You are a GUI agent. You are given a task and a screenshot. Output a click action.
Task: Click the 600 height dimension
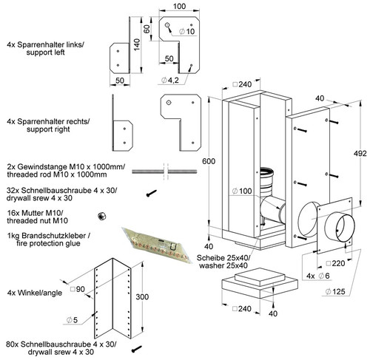coord(209,161)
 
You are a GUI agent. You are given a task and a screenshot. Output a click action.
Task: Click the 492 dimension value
coord(360,153)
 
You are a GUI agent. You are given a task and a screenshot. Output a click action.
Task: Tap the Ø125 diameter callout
coord(335,291)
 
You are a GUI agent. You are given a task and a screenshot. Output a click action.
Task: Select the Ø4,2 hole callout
coord(170,80)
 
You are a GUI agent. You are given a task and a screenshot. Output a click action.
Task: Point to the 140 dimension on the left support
coord(136,44)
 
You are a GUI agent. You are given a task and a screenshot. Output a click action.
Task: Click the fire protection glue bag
coord(157,245)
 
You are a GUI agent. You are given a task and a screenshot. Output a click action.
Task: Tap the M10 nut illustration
coord(101,216)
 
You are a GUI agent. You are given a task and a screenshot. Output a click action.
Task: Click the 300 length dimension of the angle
coord(142,296)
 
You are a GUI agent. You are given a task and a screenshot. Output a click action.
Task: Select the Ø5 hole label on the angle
coord(72,320)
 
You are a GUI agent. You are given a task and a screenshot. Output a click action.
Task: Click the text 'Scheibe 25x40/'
coord(223,258)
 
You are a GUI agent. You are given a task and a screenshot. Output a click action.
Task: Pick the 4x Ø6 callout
coord(318,276)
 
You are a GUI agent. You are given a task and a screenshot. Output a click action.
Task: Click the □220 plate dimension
coord(335,263)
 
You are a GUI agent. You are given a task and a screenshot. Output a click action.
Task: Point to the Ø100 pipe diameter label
coord(242,191)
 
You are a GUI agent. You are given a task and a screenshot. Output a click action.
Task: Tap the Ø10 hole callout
coord(187,31)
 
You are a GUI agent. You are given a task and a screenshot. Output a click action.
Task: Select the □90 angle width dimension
coord(78,289)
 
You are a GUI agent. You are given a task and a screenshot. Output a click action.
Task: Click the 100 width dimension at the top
coord(179,6)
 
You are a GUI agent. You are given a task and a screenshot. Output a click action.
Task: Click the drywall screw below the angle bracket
coord(137,349)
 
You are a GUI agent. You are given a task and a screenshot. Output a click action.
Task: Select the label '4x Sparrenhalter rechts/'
coord(48,121)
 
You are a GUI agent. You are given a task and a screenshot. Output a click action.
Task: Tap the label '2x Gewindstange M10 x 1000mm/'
coord(66,166)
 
